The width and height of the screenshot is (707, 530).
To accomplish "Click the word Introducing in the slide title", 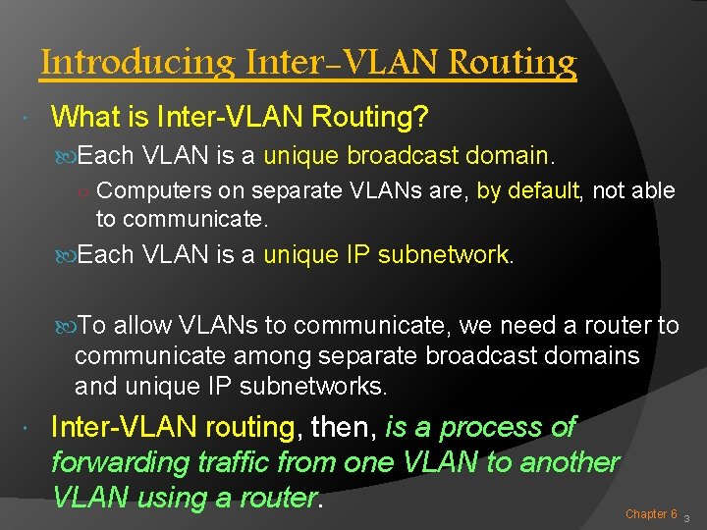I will pyautogui.click(x=136, y=63).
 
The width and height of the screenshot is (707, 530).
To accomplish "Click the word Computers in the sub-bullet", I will pyautogui.click(x=147, y=190).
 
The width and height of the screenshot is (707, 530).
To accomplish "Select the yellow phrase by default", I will pyautogui.click(x=528, y=190).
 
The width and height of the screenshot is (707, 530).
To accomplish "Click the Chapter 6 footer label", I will pyautogui.click(x=651, y=513).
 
